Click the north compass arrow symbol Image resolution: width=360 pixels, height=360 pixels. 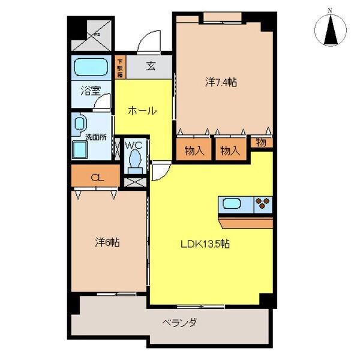(329, 29)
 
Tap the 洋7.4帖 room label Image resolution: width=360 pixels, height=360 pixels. (221, 83)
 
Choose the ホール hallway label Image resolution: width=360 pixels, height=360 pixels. (142, 111)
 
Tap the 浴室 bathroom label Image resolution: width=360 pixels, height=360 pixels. (91, 92)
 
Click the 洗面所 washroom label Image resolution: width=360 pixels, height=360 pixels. (95, 137)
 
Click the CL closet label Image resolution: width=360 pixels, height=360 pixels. (95, 178)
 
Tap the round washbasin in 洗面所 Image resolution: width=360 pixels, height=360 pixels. (79, 124)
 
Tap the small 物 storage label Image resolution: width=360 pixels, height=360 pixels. (262, 143)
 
